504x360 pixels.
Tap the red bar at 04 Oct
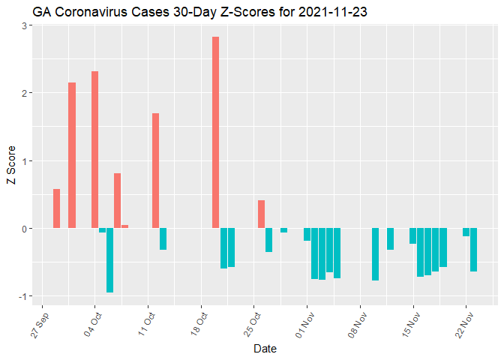coord(94,150)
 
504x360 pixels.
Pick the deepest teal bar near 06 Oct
coord(109,260)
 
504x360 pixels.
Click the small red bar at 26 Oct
coord(261,214)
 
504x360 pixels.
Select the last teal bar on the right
coord(473,250)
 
